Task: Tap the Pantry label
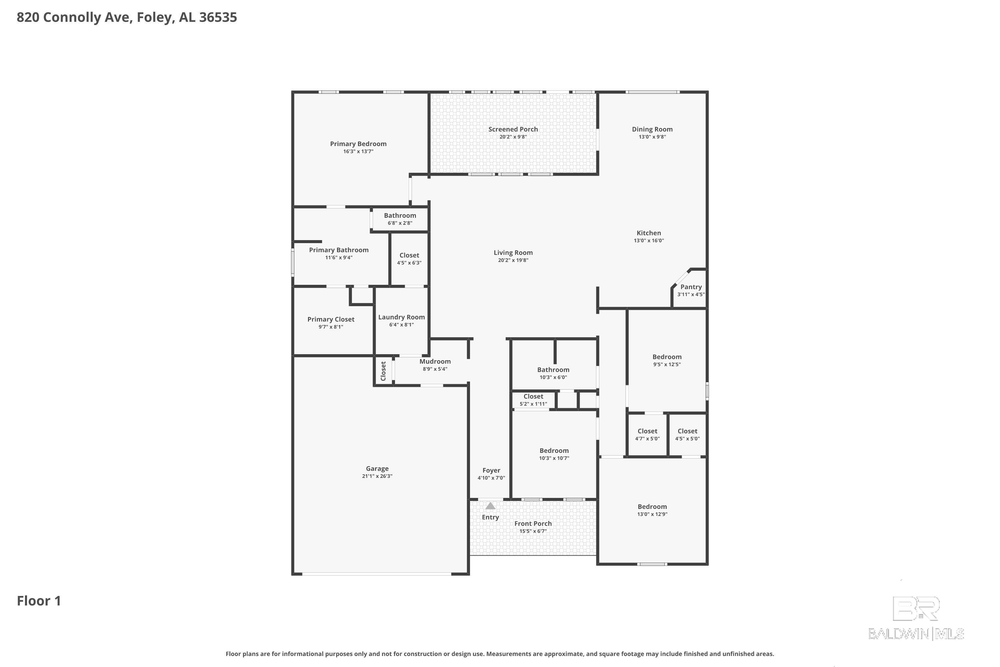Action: pos(691,287)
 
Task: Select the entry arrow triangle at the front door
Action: pos(490,506)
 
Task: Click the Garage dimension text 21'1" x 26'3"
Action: pos(377,476)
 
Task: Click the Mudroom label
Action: pos(435,362)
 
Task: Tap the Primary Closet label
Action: pos(331,319)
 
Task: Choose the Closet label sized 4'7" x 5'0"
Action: pos(647,431)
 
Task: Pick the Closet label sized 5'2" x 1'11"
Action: pos(533,397)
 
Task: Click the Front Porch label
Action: pos(533,524)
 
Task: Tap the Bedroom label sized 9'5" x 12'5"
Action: pos(667,357)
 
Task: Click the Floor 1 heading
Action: pos(39,601)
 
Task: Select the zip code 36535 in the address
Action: pos(218,17)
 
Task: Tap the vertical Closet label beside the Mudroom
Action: pos(383,371)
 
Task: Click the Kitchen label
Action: pos(648,233)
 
